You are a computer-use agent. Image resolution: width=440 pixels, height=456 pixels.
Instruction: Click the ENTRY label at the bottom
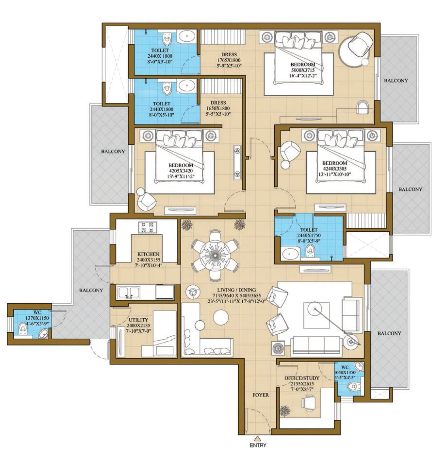pos(258,445)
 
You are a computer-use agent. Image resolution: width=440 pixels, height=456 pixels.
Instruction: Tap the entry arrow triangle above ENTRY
pos(257,438)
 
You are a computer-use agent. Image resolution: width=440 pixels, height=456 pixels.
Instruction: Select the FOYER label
pos(260,395)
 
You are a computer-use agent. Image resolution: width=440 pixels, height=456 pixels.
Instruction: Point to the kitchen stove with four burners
pos(148,227)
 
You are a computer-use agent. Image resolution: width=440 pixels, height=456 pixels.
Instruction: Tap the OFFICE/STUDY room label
pos(302,378)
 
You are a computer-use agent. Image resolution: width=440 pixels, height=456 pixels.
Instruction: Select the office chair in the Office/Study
pos(309,403)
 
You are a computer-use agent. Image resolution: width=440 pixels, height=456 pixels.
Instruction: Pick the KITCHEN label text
pos(148,254)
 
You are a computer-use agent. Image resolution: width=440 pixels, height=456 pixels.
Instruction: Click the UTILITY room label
pos(138,320)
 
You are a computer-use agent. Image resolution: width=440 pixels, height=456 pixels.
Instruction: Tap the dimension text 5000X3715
pos(303,70)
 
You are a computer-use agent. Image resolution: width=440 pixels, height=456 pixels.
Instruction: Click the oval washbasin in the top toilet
pos(187,36)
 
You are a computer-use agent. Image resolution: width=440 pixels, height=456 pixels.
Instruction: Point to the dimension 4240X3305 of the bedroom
pos(334,169)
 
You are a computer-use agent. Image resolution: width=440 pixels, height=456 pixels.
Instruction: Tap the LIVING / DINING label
pos(236,290)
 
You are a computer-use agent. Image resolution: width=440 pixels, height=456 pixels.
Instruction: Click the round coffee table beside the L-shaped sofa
pos(221,317)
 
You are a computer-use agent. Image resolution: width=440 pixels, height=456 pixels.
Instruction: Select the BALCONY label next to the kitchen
pos(91,290)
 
